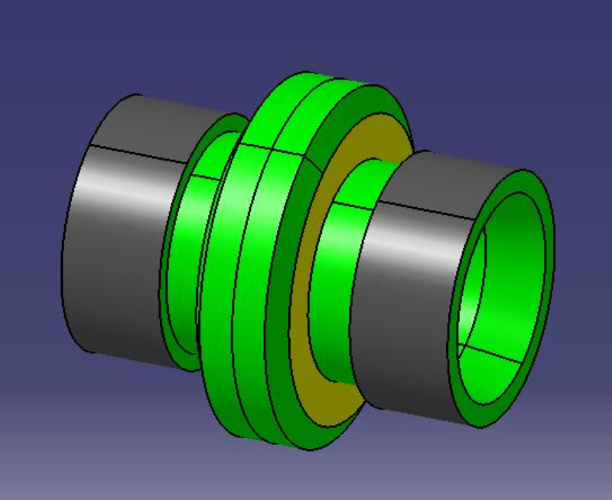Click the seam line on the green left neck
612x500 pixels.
203,178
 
